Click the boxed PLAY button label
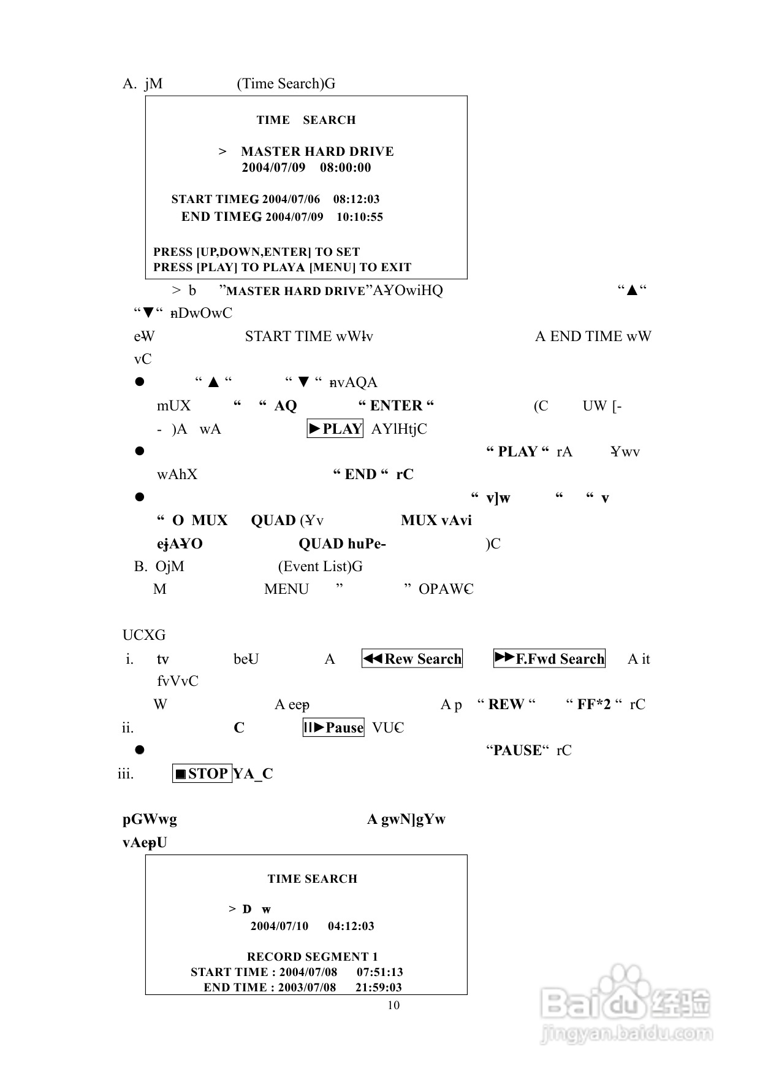[335, 429]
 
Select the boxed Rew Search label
[412, 659]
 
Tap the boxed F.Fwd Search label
[549, 659]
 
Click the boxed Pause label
[334, 728]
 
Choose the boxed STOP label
[202, 774]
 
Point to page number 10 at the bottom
[393, 1005]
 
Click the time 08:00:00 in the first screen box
[345, 167]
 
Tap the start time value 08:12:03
[356, 199]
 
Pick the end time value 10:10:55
[360, 217]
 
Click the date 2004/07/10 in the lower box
[279, 926]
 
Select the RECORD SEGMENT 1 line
[313, 956]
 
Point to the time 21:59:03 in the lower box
[379, 987]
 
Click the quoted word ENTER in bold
[396, 405]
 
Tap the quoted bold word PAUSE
[517, 750]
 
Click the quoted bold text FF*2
[594, 704]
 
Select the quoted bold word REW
[506, 704]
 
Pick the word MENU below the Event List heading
[286, 589]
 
